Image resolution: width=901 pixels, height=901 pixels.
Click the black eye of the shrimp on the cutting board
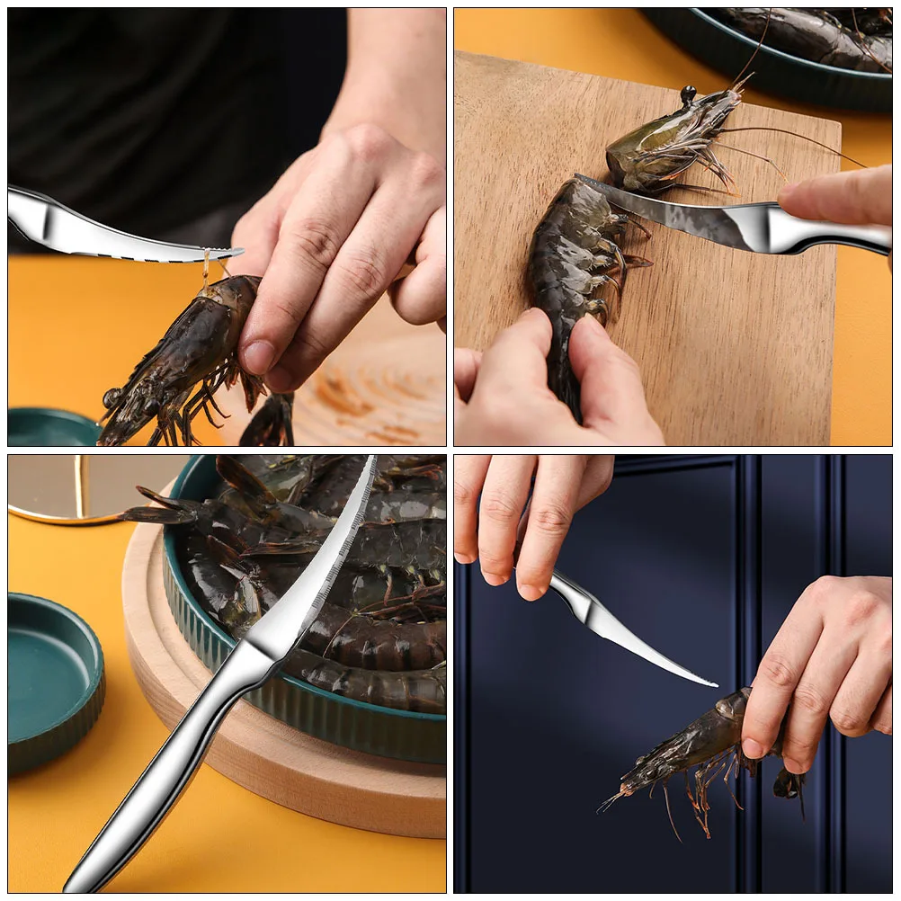tap(689, 93)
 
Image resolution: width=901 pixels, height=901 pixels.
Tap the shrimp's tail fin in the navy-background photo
tap(789, 784)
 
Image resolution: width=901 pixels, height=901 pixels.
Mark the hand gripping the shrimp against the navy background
tap(818, 665)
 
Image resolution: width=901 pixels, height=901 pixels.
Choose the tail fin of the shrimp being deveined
tap(270, 423)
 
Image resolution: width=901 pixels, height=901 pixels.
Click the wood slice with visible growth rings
tap(378, 387)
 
